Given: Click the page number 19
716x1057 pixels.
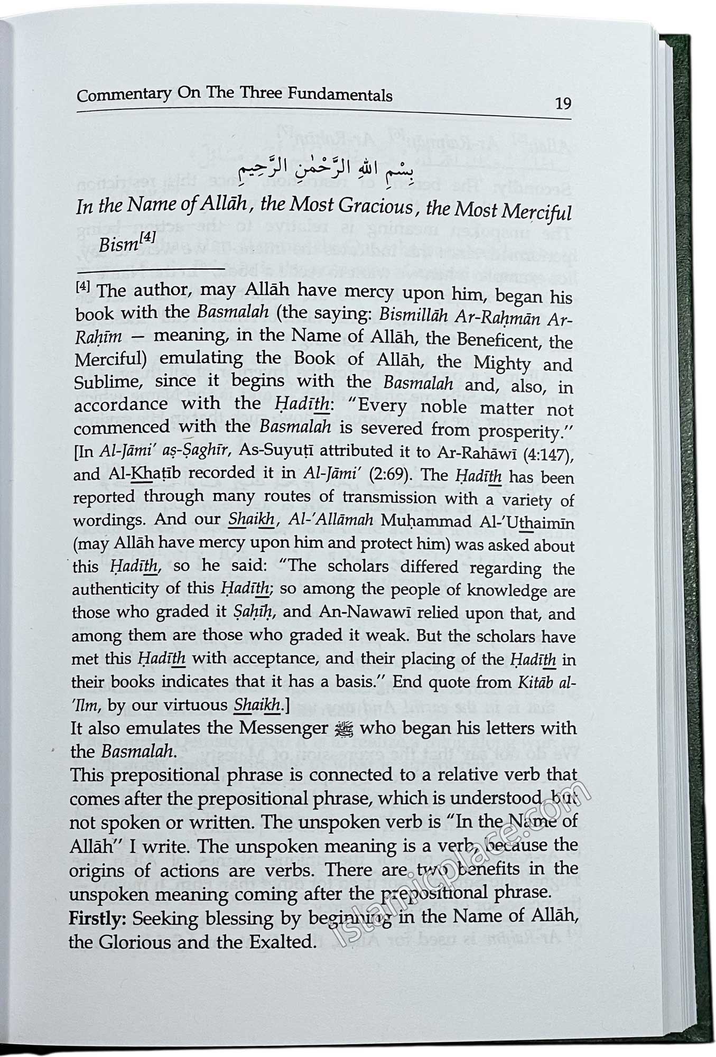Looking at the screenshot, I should pos(563,103).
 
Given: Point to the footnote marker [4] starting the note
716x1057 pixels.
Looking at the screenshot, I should pos(84,288).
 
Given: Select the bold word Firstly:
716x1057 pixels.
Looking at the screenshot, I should pos(98,918).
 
